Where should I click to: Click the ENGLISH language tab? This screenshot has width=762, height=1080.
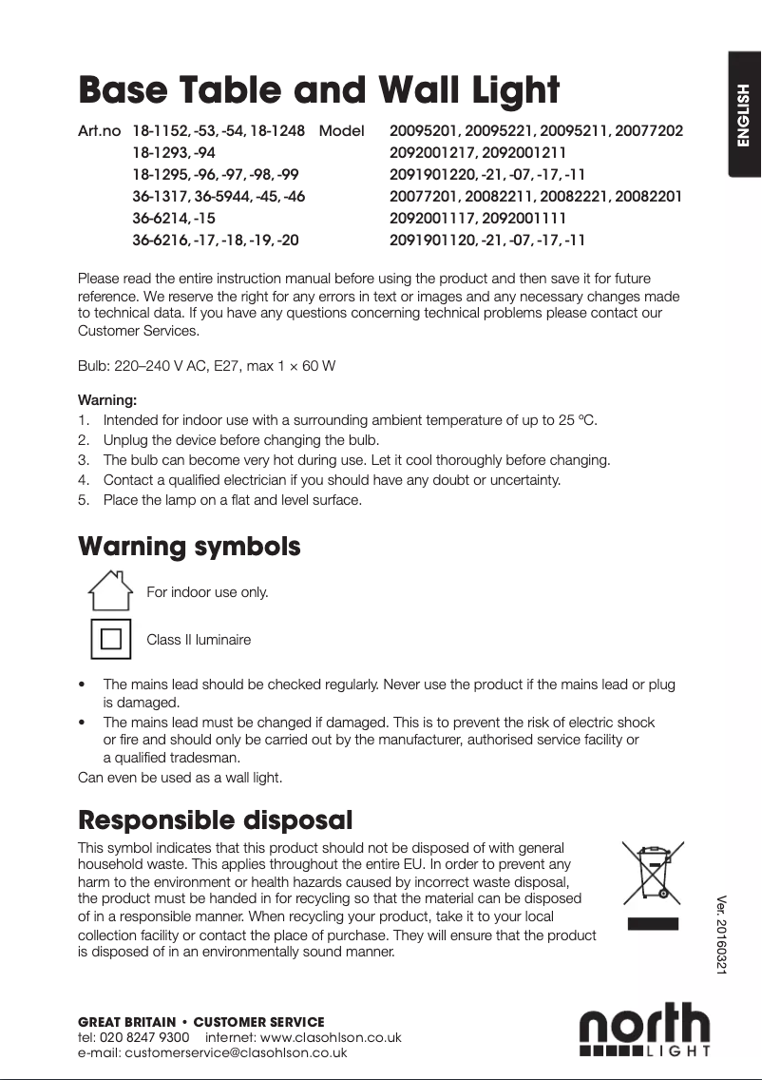point(744,116)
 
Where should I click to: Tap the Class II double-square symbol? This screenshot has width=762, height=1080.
point(110,639)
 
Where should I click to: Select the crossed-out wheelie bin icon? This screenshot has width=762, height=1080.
point(653,872)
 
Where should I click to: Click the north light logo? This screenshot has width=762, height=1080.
point(645,1031)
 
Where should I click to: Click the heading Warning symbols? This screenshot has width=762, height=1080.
point(189,547)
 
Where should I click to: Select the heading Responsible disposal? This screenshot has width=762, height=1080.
point(215,820)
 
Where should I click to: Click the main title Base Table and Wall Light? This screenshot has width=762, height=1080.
point(318,90)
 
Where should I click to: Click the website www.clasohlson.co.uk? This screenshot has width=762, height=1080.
point(330,1037)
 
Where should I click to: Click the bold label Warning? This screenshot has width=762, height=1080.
point(107,400)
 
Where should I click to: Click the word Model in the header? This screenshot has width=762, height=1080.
point(342,130)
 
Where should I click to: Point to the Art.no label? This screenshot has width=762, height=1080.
point(100,130)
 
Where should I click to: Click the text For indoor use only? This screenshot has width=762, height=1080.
point(207,592)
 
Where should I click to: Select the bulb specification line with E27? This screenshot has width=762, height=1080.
point(206,366)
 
